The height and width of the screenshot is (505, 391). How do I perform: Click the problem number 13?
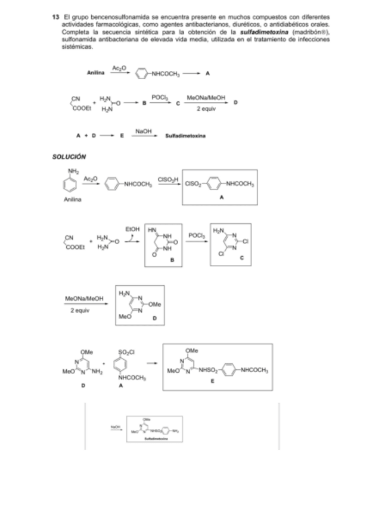[56, 16]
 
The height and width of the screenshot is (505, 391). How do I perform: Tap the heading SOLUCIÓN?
[69, 157]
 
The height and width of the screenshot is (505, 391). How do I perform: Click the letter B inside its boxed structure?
[172, 261]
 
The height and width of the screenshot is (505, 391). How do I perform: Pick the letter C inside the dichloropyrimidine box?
[241, 258]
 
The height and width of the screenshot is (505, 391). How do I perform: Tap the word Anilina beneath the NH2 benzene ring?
[72, 199]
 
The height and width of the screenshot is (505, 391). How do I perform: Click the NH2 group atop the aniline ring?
[73, 171]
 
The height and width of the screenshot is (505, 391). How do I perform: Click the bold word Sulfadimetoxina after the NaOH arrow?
[185, 136]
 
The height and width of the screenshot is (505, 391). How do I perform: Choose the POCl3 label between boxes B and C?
[197, 235]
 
